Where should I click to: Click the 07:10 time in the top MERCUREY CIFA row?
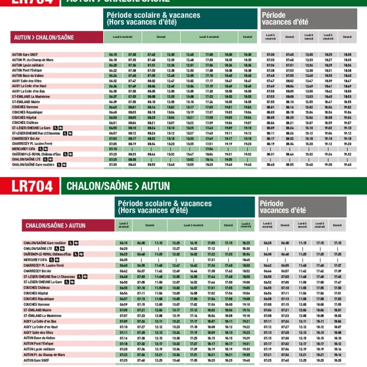click(x=113, y=149)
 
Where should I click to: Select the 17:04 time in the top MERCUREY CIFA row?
click(x=209, y=149)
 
